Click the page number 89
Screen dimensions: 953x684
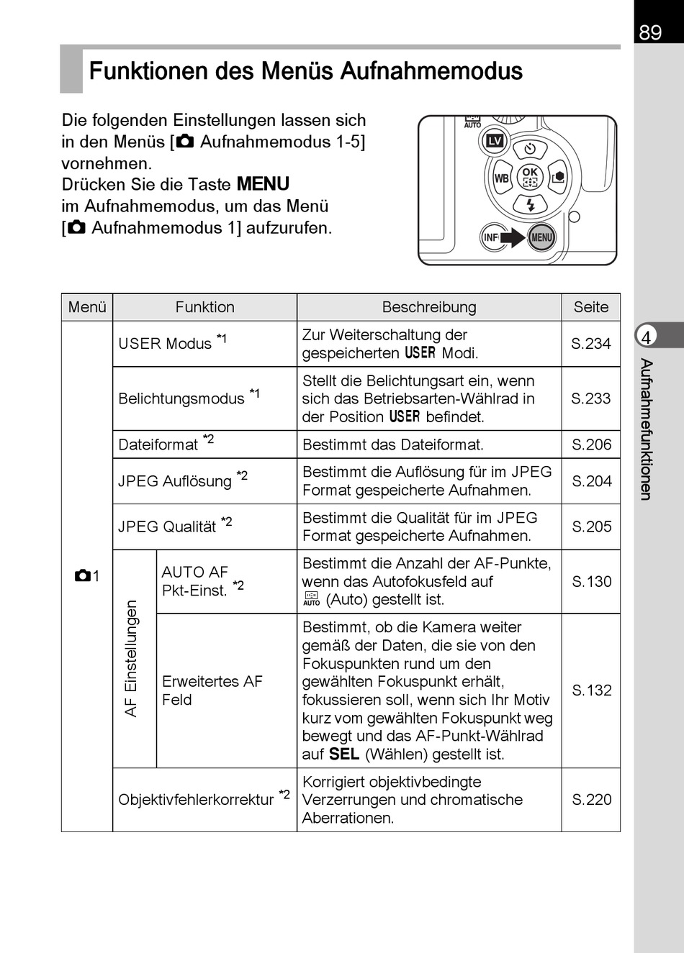(650, 32)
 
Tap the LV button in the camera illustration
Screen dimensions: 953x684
(495, 141)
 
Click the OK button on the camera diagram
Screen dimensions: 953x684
(530, 177)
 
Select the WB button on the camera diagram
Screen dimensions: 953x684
(501, 178)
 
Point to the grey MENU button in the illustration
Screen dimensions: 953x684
(541, 237)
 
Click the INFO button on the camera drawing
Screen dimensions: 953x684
(491, 237)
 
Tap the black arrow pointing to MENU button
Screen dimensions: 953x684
(514, 237)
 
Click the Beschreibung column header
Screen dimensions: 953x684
(429, 307)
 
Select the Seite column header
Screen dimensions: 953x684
(591, 307)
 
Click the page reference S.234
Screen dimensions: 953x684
(591, 344)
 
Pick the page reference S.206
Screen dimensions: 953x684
(591, 444)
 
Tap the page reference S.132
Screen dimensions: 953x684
(591, 690)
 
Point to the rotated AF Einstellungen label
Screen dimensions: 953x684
(131, 658)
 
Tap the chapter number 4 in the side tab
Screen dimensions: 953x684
(646, 337)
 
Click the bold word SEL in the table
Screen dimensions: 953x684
(344, 754)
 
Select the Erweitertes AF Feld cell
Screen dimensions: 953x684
(212, 690)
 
